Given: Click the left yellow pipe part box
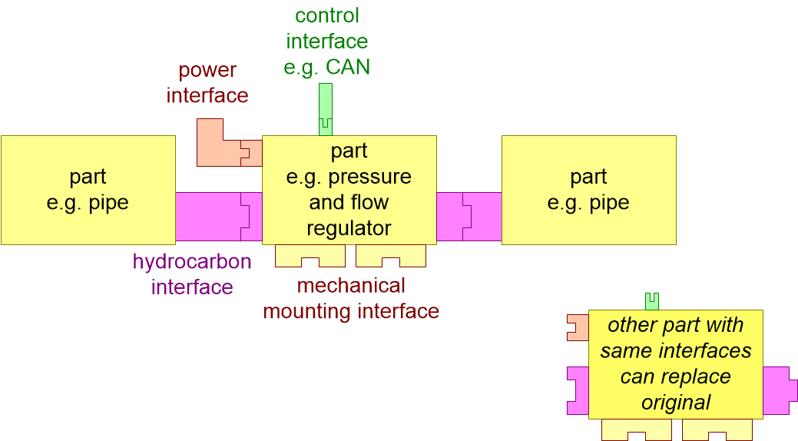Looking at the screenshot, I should pyautogui.click(x=88, y=190).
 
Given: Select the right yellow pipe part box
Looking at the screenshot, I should pyautogui.click(x=588, y=190).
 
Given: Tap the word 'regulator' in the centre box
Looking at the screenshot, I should pyautogui.click(x=349, y=228).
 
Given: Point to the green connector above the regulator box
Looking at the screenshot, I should pyautogui.click(x=326, y=108).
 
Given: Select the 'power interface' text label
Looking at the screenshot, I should pyautogui.click(x=207, y=83).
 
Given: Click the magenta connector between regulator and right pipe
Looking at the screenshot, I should pyautogui.click(x=469, y=216).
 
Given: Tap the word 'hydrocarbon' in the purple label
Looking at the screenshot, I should pyautogui.click(x=192, y=261).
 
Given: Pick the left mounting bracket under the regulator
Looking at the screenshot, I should pyautogui.click(x=310, y=257).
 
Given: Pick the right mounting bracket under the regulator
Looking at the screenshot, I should pyautogui.click(x=390, y=257).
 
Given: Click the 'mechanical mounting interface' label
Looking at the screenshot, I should pyautogui.click(x=351, y=298).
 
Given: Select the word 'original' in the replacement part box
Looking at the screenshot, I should pyautogui.click(x=676, y=403).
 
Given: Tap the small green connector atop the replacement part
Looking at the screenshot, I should pyautogui.click(x=652, y=300).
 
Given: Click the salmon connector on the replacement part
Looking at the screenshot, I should pyautogui.click(x=577, y=327).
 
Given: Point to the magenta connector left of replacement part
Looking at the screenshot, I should pyautogui.click(x=577, y=390).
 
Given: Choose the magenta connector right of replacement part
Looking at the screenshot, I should pyautogui.click(x=775, y=390).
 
